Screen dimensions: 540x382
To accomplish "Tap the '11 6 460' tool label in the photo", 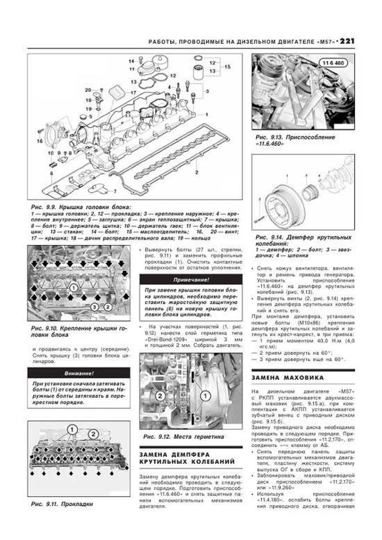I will click(333, 63).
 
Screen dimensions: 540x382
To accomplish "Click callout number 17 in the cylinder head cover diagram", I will click(133, 93).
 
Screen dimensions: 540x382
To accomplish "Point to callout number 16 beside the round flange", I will click(39, 141).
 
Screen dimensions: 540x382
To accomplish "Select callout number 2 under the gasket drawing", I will click(197, 173).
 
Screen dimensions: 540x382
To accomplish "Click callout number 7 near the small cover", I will click(115, 191).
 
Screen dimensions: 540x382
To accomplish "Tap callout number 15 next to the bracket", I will click(227, 67).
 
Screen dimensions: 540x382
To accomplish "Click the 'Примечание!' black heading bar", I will click(191, 280).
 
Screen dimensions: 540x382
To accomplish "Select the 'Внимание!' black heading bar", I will click(79, 373).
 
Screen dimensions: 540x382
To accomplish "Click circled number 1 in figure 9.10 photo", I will click(73, 288).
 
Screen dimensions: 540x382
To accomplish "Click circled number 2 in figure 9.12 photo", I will click(160, 396).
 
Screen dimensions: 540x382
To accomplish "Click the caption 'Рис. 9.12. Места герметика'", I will click(183, 437).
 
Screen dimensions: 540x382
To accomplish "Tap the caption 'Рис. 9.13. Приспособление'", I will click(295, 137).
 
